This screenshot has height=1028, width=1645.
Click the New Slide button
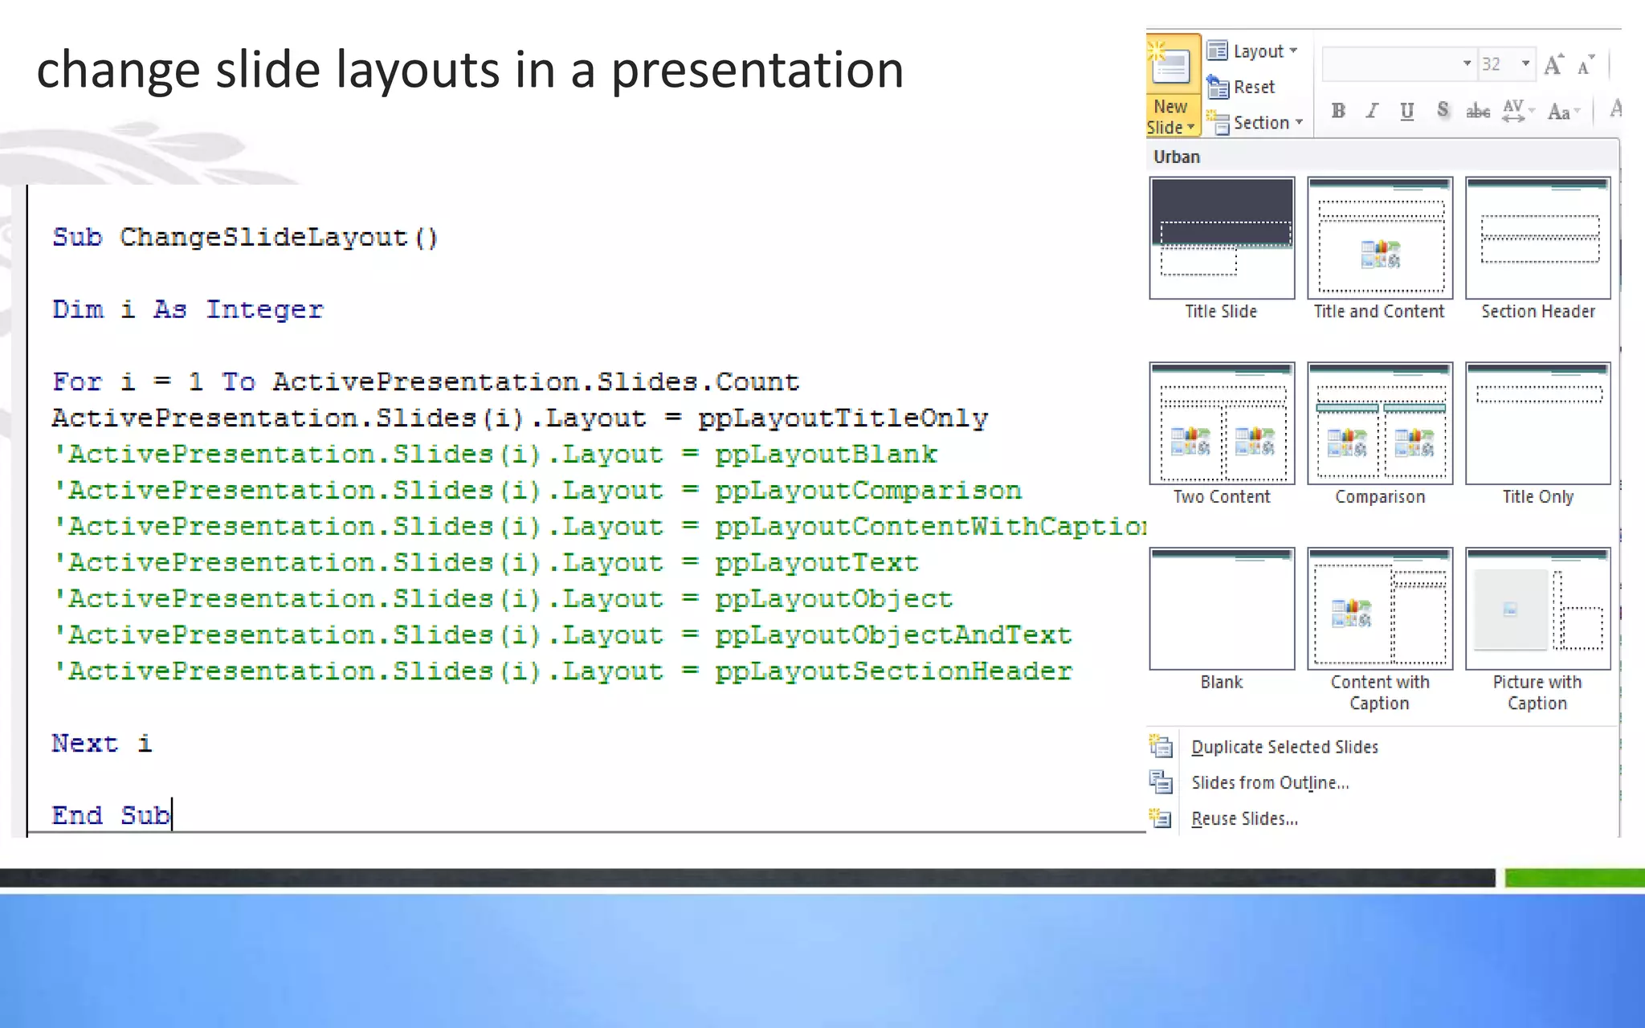coord(1172,85)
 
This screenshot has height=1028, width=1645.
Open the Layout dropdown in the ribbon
coord(1254,51)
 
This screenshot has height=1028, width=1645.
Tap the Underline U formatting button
coord(1406,112)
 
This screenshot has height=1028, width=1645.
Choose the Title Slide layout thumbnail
coord(1222,239)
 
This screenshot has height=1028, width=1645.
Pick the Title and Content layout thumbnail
coord(1379,239)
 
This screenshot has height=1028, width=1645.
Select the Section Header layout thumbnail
coord(1537,239)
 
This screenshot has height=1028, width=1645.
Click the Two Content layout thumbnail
coord(1222,424)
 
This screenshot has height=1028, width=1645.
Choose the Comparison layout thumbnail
coord(1379,424)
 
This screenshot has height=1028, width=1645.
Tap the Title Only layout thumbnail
coord(1537,424)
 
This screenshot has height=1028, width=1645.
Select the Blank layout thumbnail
coord(1222,610)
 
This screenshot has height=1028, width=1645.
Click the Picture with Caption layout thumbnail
coord(1537,610)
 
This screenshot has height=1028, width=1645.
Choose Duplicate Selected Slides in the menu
coord(1284,747)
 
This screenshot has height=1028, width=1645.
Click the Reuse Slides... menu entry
coord(1243,818)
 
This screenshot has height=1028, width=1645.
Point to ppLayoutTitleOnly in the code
coord(843,418)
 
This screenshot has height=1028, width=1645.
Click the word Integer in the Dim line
coord(264,310)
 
